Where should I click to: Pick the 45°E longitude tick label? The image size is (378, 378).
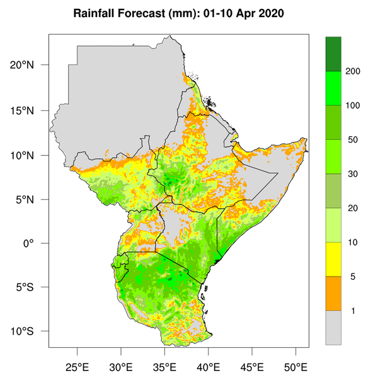(x=252, y=366)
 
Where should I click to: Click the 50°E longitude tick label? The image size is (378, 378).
(x=295, y=366)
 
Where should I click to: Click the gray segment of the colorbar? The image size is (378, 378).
(x=333, y=328)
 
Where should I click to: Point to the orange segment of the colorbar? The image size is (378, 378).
(x=333, y=294)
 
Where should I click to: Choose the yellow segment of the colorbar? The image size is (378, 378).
(x=333, y=259)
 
